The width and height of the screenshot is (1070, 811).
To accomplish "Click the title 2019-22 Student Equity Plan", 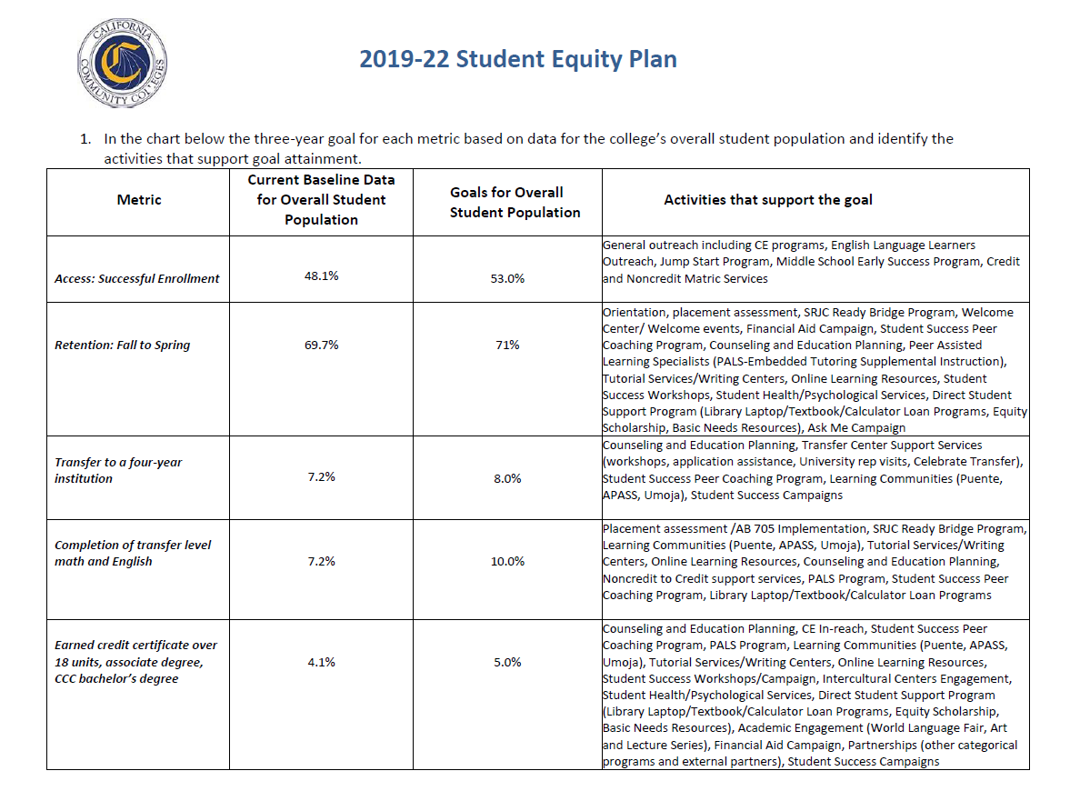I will [518, 60].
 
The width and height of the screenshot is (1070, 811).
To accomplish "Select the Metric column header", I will [138, 200].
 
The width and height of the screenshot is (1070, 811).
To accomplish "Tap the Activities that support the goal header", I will [767, 200].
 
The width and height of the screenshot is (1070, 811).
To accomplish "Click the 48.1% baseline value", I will [321, 275].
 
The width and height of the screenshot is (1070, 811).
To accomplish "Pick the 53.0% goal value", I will [507, 279].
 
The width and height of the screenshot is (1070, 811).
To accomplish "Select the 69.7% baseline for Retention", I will [321, 345].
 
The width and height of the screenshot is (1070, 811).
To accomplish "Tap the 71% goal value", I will [507, 345].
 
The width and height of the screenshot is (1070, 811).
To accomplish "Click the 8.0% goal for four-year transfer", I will [507, 478].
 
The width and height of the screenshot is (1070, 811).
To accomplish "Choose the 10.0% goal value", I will [507, 561].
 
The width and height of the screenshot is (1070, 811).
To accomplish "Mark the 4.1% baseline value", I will [321, 662].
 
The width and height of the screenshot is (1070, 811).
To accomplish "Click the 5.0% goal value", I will [507, 662].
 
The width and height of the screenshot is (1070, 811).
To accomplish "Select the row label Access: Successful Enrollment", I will [137, 278].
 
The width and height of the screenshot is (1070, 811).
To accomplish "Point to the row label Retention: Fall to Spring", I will [123, 345].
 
